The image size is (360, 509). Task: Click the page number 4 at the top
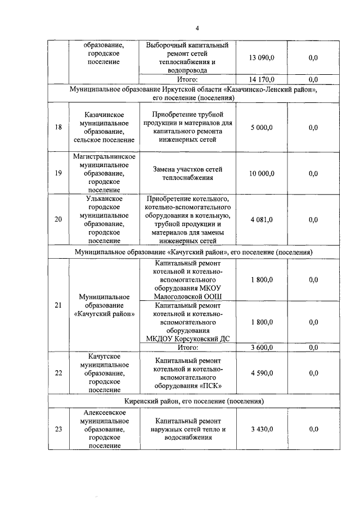click(x=197, y=29)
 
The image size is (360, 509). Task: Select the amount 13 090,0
click(x=262, y=57)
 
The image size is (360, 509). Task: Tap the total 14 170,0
click(x=262, y=79)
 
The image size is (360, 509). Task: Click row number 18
click(x=58, y=128)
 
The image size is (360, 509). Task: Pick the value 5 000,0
click(x=262, y=128)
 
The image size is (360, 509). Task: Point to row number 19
click(x=58, y=173)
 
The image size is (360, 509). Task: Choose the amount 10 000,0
click(x=262, y=173)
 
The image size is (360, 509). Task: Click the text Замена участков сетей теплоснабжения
click(x=188, y=173)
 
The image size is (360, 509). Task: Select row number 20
click(x=58, y=219)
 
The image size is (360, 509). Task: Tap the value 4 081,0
click(x=262, y=219)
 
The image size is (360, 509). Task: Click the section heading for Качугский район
click(x=193, y=252)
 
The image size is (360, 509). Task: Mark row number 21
click(x=58, y=305)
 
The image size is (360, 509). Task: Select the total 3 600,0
click(x=262, y=348)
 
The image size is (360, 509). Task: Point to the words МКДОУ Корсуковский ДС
click(x=188, y=339)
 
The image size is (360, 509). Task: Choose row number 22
click(x=58, y=373)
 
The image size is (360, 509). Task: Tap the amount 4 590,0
click(x=262, y=373)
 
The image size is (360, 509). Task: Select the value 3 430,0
click(x=262, y=429)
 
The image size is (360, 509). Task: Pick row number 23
click(x=58, y=429)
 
